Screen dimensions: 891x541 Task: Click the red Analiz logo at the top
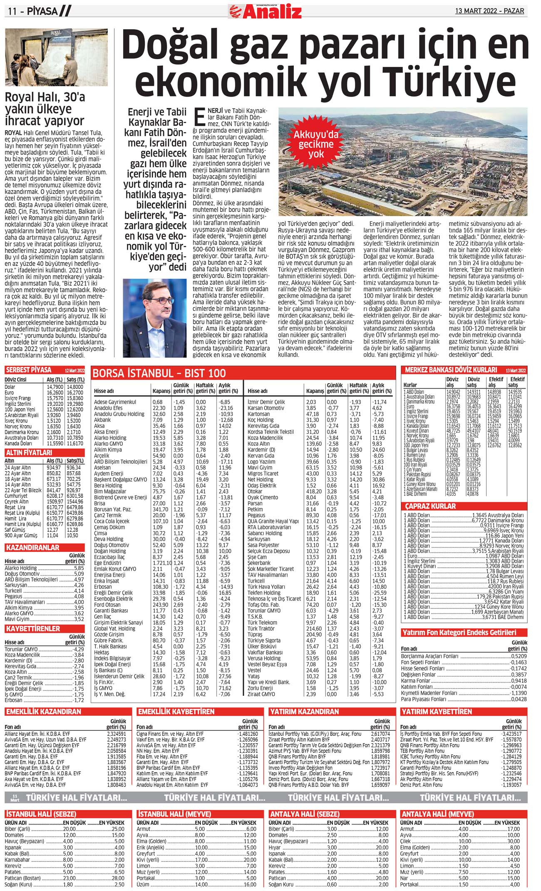[x=265, y=11]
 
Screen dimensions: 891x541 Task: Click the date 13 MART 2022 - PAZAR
[x=489, y=11]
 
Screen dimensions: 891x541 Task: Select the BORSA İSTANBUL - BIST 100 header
[x=159, y=373]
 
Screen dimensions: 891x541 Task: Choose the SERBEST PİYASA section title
[x=29, y=370]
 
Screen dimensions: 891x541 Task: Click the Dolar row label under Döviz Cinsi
[x=10, y=387]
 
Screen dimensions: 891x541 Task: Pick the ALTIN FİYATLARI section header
[x=29, y=452]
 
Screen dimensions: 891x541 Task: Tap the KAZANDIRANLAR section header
[x=32, y=548]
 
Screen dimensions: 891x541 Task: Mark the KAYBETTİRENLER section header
[x=33, y=628]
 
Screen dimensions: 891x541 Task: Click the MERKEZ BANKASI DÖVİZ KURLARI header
[x=451, y=370]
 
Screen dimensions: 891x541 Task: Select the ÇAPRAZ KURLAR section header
[x=430, y=506]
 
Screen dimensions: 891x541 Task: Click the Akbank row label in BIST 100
[x=102, y=420]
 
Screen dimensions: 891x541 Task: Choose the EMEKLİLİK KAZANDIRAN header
[x=43, y=712]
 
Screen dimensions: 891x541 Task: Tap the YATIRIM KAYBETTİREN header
[x=436, y=712]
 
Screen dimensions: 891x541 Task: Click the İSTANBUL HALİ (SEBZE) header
[x=41, y=814]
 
